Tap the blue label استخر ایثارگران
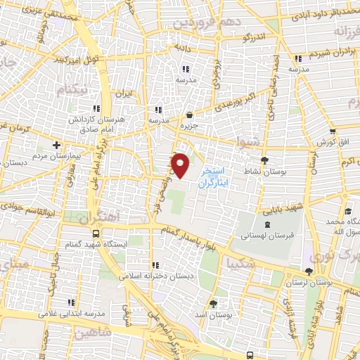point(212,176)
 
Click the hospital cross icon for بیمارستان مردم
point(56,145)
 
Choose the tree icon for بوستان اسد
point(213,304)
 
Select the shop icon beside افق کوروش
point(332,132)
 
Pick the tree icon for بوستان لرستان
point(309,271)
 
